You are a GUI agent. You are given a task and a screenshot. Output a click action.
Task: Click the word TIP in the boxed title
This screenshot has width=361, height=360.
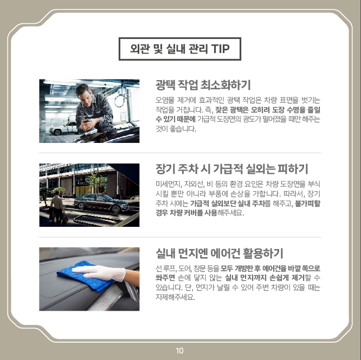click(220, 49)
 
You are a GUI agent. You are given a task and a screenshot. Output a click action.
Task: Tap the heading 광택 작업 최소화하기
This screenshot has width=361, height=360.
click(203, 85)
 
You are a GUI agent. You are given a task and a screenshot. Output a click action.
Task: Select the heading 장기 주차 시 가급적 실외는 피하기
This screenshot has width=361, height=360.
click(232, 169)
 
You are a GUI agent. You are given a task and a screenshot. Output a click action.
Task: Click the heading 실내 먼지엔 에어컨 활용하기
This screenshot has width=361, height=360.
click(220, 253)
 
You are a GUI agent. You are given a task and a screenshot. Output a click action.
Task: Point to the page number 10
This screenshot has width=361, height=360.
click(179, 351)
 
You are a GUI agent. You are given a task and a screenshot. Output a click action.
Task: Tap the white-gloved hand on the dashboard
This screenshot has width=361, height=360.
click(99, 273)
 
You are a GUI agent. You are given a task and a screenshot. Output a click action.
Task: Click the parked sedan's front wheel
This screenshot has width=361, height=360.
click(116, 209)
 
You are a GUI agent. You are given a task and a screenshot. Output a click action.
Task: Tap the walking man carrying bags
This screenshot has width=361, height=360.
click(57, 207)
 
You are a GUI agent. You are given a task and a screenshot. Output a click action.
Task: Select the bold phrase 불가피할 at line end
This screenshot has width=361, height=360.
click(307, 204)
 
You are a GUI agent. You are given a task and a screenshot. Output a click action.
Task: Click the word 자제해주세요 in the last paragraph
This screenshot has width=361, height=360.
click(175, 297)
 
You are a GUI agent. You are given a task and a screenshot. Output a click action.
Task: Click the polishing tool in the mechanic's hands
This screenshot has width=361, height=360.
click(90, 129)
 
